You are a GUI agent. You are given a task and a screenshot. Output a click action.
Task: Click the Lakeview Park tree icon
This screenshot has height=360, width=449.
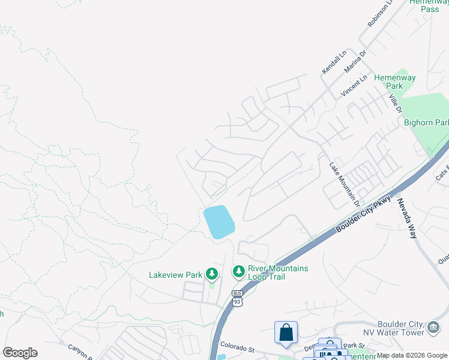pyautogui.click(x=211, y=274)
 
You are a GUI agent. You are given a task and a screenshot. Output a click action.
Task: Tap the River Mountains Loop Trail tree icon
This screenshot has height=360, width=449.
pyautogui.click(x=239, y=272)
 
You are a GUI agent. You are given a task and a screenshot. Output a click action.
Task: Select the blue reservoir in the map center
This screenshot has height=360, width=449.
pyautogui.click(x=218, y=221)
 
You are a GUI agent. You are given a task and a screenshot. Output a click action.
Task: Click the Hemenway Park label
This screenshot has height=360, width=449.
pyautogui.click(x=394, y=82)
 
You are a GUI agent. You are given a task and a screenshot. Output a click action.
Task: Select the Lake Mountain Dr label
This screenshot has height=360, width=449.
pyautogui.click(x=344, y=184)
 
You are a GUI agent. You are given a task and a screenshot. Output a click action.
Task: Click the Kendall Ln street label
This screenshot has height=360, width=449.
pyautogui.click(x=334, y=62)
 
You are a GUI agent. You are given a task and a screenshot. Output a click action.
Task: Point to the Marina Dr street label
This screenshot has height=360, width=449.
pyautogui.click(x=355, y=61)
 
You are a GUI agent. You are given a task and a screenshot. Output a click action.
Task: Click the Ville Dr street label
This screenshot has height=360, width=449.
pyautogui.click(x=394, y=104)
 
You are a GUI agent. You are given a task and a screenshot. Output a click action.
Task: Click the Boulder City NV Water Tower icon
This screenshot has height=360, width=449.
pyautogui.click(x=433, y=326)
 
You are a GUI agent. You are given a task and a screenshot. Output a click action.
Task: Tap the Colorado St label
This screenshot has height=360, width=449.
pyautogui.click(x=237, y=346)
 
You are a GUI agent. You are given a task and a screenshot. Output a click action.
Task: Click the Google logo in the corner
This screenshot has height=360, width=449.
pyautogui.click(x=20, y=353)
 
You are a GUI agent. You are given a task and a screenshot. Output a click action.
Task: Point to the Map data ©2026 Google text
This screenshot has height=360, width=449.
pyautogui.click(x=412, y=356)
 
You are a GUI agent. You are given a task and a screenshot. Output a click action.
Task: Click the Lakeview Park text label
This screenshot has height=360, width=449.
pyautogui.click(x=175, y=275)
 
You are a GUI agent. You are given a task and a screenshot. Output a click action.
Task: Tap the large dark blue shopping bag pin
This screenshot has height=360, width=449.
pyautogui.click(x=286, y=333)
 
